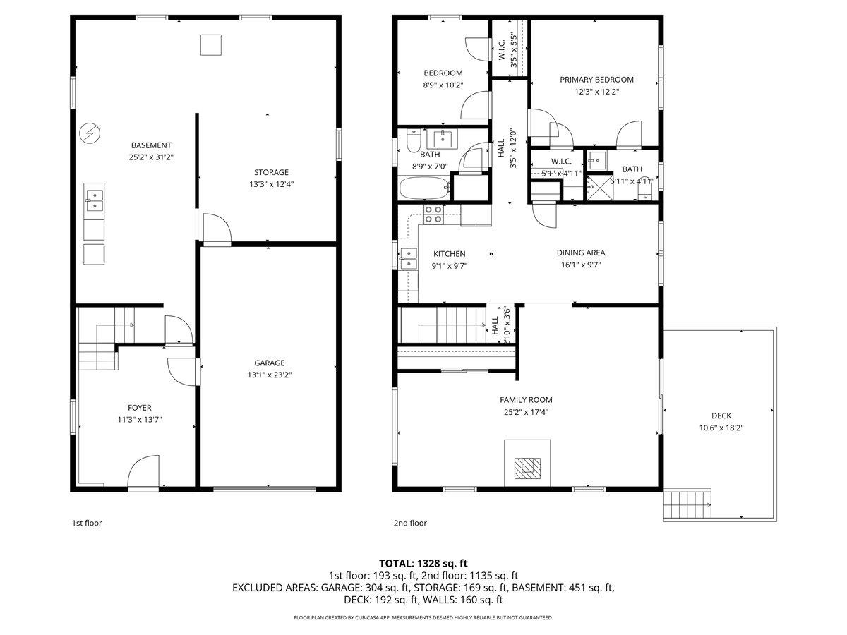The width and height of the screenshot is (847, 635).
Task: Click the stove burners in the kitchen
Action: (x=433, y=214)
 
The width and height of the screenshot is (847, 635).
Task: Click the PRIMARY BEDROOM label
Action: (x=596, y=80)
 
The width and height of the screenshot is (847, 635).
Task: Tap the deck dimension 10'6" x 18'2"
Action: (x=721, y=428)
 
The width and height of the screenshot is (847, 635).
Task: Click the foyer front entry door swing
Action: (x=145, y=473)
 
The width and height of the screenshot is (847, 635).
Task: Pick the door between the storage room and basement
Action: (x=215, y=229)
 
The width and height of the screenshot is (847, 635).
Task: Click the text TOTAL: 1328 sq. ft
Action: (x=423, y=563)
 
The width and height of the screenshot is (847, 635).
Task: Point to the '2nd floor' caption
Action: (x=410, y=524)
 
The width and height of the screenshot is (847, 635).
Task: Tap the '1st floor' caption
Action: (x=88, y=524)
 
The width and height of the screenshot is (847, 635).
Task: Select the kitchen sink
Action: (x=409, y=259)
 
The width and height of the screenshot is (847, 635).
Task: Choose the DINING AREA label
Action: (x=581, y=253)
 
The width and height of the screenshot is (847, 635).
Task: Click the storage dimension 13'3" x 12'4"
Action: (x=271, y=184)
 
